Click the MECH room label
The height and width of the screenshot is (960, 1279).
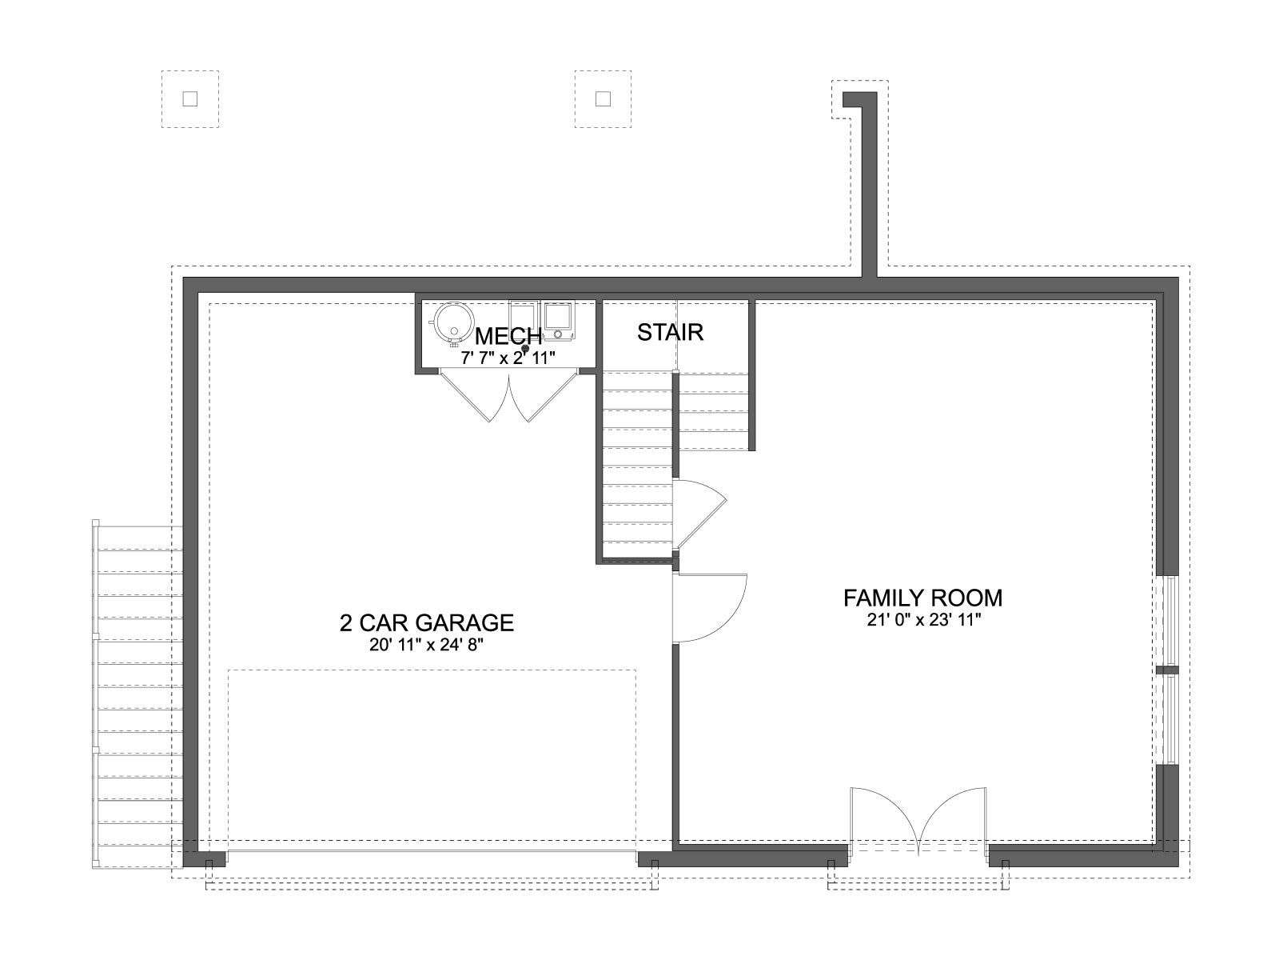(508, 336)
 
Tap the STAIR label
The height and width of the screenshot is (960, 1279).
(670, 332)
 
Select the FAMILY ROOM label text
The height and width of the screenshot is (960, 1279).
(923, 598)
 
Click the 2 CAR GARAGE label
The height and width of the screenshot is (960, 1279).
(427, 623)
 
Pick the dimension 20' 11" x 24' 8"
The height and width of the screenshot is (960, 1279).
(427, 646)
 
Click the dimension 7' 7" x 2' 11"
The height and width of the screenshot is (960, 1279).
(508, 358)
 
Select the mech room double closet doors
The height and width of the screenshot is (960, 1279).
(508, 395)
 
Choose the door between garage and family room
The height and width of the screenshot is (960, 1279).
(709, 608)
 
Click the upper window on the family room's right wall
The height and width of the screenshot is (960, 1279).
(1167, 622)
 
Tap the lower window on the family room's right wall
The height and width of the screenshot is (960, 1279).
(1167, 720)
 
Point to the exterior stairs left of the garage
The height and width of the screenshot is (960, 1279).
(137, 694)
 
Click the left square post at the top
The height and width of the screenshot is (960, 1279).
(190, 99)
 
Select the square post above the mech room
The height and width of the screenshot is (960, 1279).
(603, 99)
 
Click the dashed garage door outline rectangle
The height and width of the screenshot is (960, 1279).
(432, 762)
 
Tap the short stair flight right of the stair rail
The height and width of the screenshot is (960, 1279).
(714, 411)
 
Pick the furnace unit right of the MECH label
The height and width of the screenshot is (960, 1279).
(559, 319)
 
